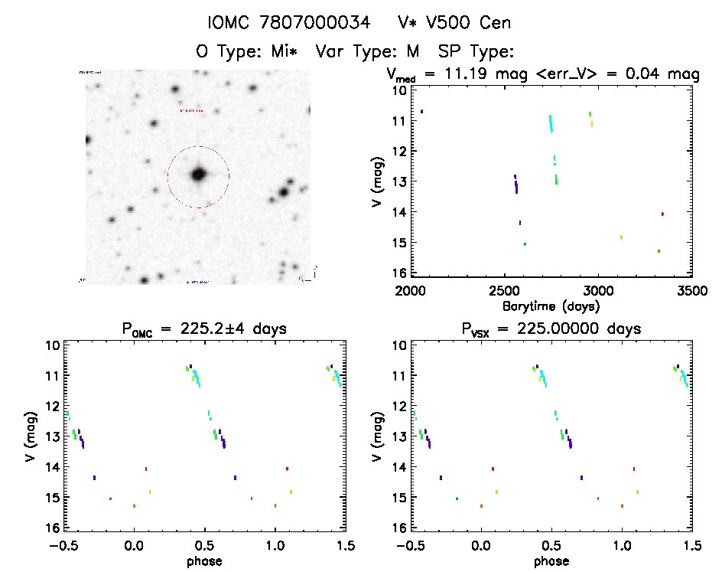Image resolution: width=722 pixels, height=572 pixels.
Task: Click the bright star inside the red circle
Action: point(199,175)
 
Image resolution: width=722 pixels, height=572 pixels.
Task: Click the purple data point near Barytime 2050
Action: point(421,112)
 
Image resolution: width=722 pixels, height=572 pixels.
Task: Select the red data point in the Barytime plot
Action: point(662,214)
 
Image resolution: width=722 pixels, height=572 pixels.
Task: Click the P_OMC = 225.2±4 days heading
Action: point(203,330)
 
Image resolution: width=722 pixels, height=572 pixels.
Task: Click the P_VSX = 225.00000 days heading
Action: point(551,330)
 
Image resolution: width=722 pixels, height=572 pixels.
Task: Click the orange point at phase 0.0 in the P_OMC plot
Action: point(135,506)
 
